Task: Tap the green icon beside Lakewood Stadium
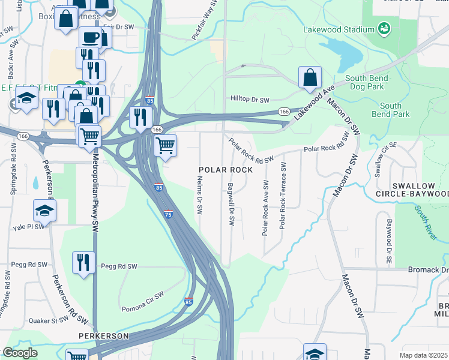click(383, 28)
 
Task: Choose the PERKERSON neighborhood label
click(104, 336)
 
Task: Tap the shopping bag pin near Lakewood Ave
click(310, 77)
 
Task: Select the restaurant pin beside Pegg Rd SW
click(83, 262)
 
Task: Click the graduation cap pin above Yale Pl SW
click(45, 211)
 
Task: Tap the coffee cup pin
click(90, 38)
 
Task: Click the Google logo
click(20, 353)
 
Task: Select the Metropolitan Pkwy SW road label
click(95, 186)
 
